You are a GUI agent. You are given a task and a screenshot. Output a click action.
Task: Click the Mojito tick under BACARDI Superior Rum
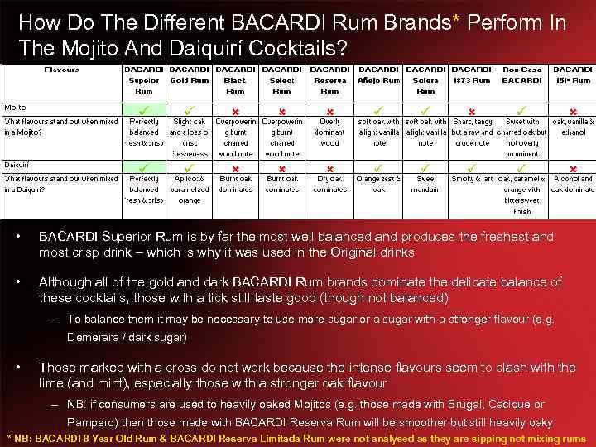[144, 108]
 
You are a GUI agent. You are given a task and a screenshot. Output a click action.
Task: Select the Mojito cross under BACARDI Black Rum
[235, 109]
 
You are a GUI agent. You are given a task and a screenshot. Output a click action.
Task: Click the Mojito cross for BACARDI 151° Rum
[572, 109]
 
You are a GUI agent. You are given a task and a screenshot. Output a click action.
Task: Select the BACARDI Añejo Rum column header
[379, 75]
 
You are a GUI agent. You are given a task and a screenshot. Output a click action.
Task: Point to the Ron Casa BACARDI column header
[521, 75]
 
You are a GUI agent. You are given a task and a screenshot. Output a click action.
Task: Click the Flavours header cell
[61, 70]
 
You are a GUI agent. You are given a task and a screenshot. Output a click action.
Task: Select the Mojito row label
[16, 108]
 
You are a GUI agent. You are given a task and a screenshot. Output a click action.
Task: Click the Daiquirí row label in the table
[17, 166]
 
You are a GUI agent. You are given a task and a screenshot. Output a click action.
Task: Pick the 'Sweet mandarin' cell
[425, 184]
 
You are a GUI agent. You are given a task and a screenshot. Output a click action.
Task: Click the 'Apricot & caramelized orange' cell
[190, 190]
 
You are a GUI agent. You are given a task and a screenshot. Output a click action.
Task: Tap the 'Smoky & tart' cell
[472, 179]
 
